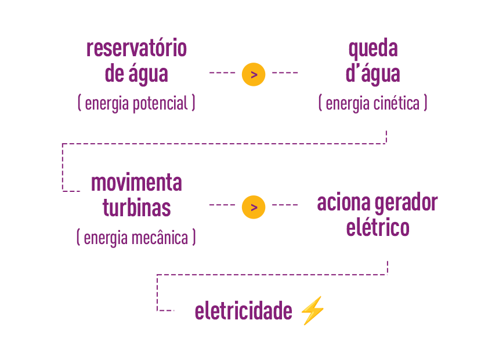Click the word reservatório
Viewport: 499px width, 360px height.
[x=136, y=48]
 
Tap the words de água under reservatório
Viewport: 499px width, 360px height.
[x=136, y=74]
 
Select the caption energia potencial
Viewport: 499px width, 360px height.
[x=136, y=103]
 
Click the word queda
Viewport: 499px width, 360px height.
[x=373, y=49]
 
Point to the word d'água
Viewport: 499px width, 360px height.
[x=373, y=74]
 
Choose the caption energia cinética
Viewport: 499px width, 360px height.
[x=373, y=103]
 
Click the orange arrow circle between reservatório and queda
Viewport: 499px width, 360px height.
[x=254, y=74]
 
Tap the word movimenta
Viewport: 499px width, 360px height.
[x=136, y=183]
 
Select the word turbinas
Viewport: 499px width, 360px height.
[x=136, y=208]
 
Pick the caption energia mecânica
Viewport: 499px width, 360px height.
[x=136, y=238]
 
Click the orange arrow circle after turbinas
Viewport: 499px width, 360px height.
[x=254, y=207]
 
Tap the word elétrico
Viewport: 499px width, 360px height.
[x=378, y=227]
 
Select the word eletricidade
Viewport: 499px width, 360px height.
[x=243, y=311]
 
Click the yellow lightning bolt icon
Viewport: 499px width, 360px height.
[x=312, y=311]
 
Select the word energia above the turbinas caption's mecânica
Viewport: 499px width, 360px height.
[x=106, y=238]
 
